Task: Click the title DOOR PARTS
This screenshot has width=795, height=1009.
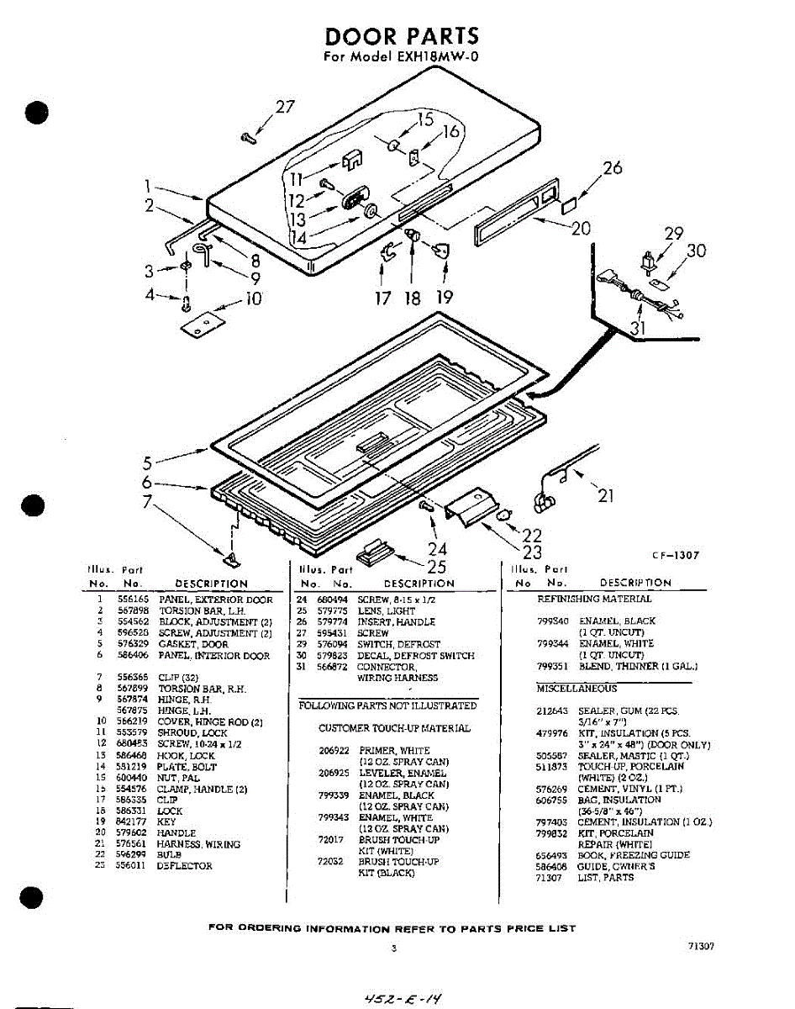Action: [402, 36]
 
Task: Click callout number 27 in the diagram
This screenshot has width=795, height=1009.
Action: [286, 107]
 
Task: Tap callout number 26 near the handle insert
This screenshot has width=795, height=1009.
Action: [612, 168]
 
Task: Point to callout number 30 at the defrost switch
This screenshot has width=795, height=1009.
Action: [696, 251]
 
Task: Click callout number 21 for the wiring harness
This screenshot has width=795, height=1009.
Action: [606, 495]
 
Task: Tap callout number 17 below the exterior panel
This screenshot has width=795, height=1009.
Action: [383, 298]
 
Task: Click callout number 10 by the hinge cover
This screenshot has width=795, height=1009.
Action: [253, 298]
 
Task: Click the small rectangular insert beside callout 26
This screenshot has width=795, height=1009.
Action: [568, 203]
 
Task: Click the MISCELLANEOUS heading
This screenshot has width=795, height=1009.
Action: [577, 689]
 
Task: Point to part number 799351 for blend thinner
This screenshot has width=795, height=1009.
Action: [550, 666]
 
